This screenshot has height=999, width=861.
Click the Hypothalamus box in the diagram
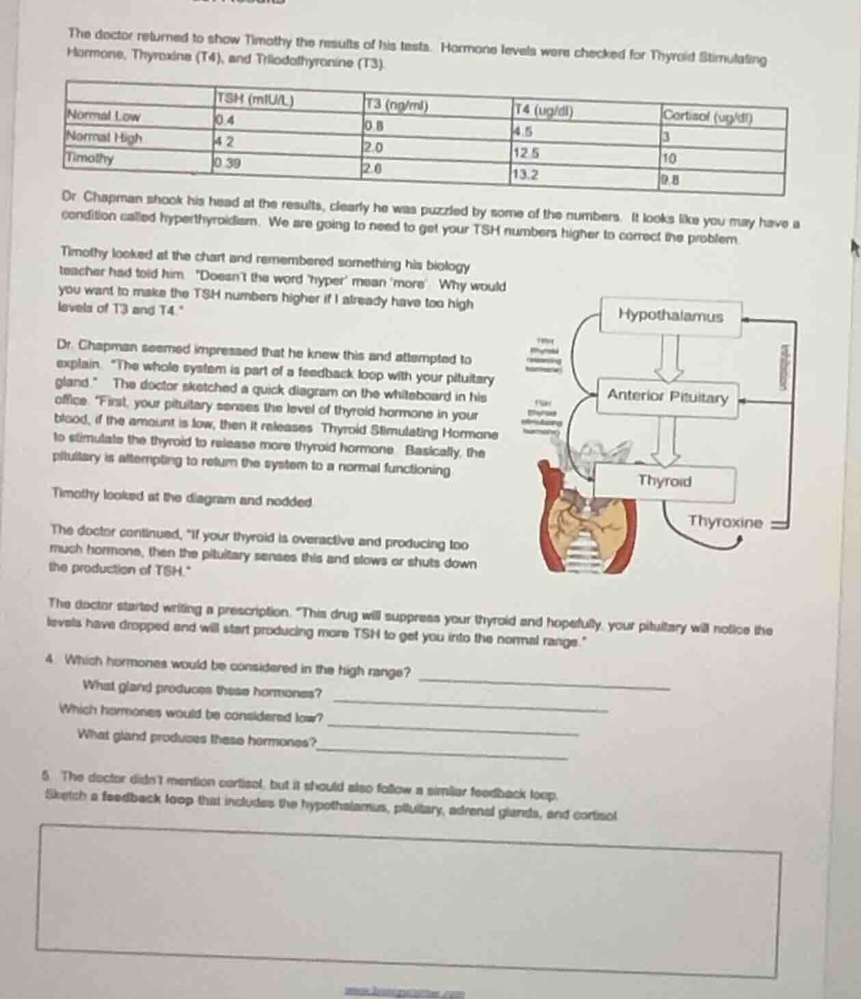(670, 316)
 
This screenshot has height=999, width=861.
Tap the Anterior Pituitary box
(667, 396)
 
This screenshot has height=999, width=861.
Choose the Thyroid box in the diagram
(665, 481)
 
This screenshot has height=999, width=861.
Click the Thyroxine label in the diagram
(725, 522)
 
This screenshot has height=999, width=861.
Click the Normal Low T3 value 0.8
(373, 126)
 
